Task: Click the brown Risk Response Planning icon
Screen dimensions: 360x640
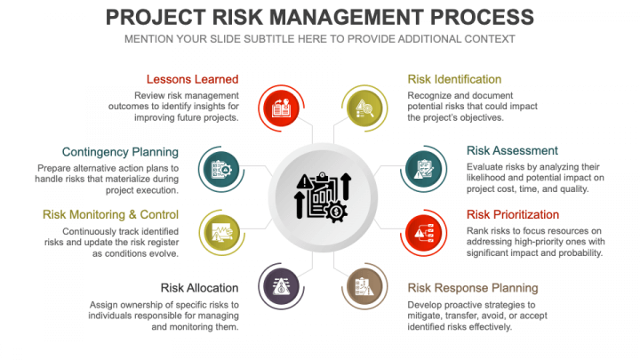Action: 363,287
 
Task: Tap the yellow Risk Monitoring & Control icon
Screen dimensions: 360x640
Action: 220,230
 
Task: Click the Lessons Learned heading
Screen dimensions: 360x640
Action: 193,79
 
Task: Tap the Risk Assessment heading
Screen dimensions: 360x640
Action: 512,150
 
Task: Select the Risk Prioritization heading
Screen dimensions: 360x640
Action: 513,214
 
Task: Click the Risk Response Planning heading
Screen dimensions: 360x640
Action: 473,288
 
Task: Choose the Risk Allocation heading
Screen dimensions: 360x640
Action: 199,288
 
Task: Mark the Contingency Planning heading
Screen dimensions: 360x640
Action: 120,152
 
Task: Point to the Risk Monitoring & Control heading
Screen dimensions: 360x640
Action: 110,214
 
